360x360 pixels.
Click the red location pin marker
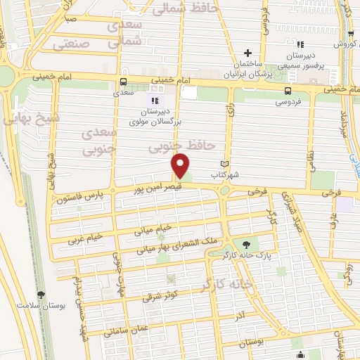click(x=181, y=166)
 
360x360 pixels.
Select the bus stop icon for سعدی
click(x=124, y=81)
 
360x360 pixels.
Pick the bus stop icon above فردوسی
click(x=288, y=91)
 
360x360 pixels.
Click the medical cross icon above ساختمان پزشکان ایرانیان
click(x=247, y=53)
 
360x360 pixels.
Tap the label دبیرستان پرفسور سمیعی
click(x=307, y=59)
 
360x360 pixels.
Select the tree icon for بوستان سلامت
click(x=41, y=294)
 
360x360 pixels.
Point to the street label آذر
click(x=241, y=310)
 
